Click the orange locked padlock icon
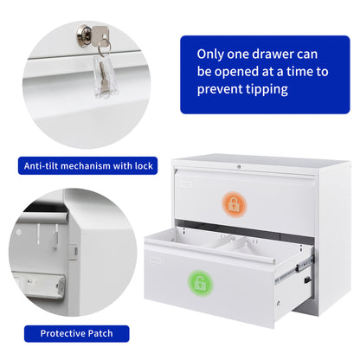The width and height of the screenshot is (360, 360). [x=234, y=204]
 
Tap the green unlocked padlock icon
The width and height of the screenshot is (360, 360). [x=200, y=284]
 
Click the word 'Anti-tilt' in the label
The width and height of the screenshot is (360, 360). [x=42, y=166]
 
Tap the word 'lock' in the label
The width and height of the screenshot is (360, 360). [x=144, y=166]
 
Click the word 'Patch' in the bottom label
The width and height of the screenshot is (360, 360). [x=100, y=333]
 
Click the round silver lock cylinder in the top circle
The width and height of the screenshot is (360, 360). [x=85, y=35]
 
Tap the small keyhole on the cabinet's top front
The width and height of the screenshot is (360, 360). [x=239, y=167]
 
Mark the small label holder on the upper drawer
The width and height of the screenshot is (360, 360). [x=186, y=184]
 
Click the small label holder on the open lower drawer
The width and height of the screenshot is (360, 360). [x=155, y=260]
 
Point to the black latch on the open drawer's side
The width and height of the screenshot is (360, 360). [x=308, y=280]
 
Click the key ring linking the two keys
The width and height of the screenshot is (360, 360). [x=104, y=48]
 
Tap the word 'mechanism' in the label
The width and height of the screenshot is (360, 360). [x=86, y=166]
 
